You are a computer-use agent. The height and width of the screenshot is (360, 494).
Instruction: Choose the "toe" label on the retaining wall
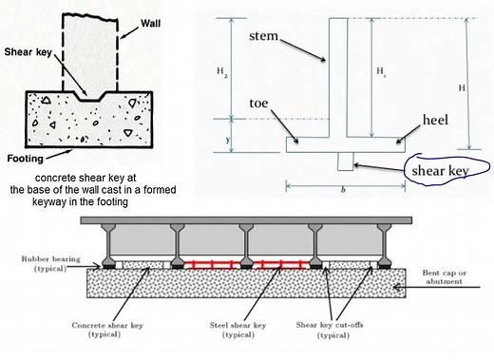point(261,103)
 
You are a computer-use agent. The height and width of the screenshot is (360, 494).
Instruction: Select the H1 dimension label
point(382,70)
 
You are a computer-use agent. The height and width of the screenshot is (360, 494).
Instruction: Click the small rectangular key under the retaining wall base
point(345,160)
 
